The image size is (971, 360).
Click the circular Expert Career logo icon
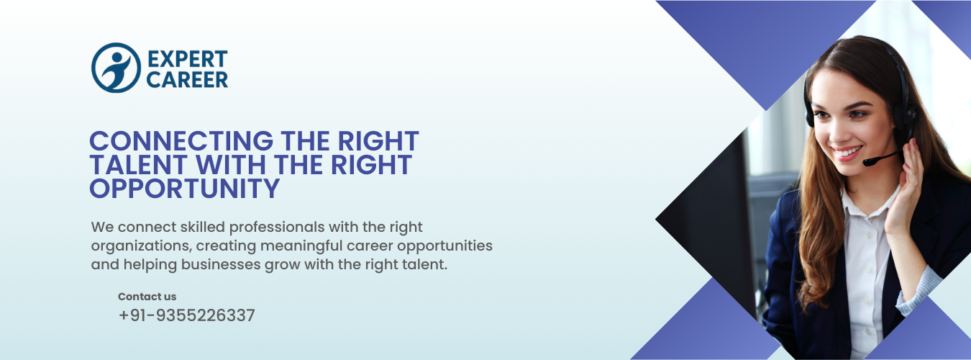116,68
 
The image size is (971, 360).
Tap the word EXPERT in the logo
187,60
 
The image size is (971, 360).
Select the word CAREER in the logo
187,80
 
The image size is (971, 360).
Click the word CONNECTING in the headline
181,141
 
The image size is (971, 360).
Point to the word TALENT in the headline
138,165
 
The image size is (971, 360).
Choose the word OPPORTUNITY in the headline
184,188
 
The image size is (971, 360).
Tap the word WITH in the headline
231,165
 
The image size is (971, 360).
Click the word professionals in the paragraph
277,228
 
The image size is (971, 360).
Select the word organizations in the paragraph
141,246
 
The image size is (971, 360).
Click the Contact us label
147,297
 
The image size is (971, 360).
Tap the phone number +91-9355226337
187,315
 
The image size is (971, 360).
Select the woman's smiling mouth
846,153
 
